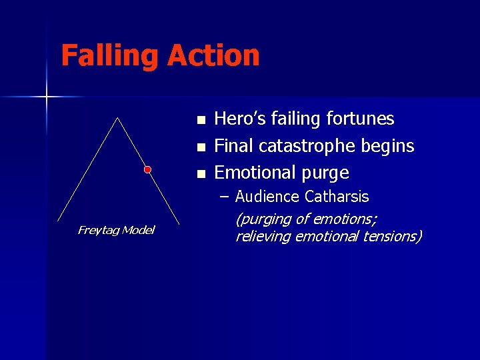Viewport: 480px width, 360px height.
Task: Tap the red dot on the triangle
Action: pos(148,169)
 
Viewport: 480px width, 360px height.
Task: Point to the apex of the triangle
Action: pos(118,118)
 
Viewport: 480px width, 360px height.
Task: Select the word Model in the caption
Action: pos(138,230)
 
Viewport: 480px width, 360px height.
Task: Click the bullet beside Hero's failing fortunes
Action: pos(201,121)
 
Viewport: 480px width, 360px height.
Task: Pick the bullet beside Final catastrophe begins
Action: pos(201,147)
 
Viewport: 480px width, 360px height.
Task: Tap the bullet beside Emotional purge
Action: pos(201,175)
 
